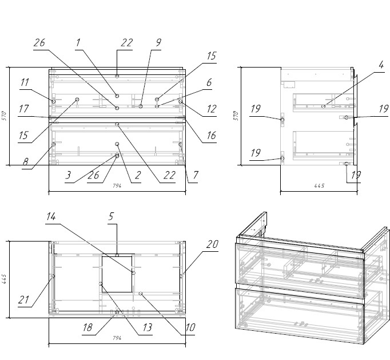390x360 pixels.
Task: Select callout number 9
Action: [158, 42]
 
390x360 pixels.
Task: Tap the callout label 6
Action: [209, 83]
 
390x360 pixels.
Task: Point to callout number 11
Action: [24, 83]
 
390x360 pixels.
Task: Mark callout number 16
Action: [211, 136]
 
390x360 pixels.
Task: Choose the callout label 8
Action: [25, 163]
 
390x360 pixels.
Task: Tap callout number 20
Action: [212, 244]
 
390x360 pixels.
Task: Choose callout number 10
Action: [190, 329]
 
